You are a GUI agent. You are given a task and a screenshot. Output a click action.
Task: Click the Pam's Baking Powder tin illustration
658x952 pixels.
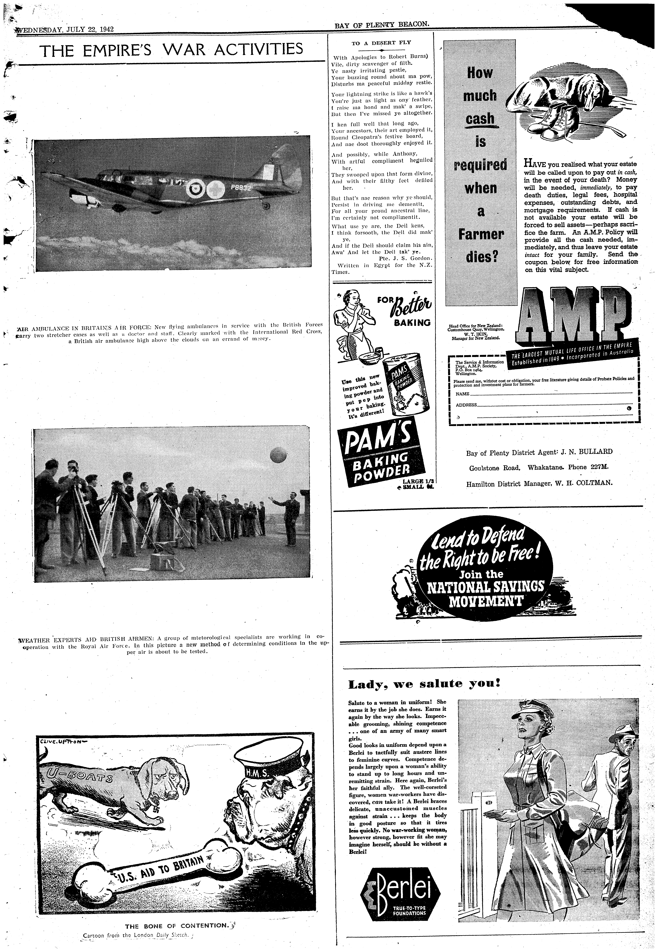(406, 385)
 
